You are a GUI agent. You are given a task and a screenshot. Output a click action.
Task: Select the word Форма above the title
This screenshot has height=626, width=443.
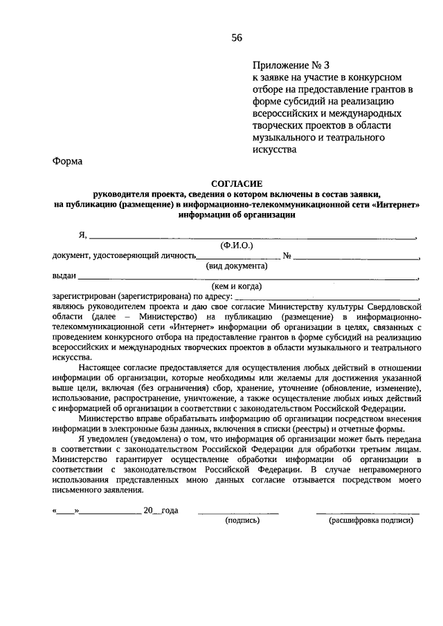[66, 162]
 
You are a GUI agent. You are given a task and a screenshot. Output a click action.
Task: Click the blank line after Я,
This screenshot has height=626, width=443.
[253, 237]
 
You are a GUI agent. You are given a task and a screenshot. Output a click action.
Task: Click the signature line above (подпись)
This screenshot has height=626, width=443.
[238, 513]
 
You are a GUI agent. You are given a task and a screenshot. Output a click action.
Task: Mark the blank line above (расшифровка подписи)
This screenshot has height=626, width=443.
[368, 513]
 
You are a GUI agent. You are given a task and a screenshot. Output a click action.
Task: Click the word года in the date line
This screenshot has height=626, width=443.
[170, 510]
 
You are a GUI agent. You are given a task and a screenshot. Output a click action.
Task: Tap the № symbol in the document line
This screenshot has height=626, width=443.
[287, 256]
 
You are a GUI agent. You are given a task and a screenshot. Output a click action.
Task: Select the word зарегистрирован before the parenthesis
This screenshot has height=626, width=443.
[84, 295]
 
